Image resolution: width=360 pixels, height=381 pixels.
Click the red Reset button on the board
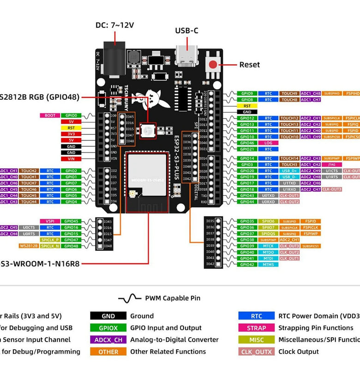coord(213,65)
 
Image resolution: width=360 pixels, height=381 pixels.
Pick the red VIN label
coord(71,159)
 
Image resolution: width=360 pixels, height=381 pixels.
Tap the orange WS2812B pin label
coord(29,246)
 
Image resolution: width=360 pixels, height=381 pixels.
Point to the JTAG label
coord(332,164)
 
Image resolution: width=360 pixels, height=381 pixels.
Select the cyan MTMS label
coord(268,265)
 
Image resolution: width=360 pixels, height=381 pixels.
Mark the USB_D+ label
coord(289,171)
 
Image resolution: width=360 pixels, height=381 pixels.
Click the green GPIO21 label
coord(247,149)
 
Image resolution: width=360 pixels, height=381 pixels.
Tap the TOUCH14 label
coord(289,158)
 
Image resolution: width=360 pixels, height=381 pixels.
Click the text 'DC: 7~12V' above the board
coord(114,25)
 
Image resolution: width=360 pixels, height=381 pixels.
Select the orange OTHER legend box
coord(108,352)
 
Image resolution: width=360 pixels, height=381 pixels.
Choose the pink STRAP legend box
coord(256,328)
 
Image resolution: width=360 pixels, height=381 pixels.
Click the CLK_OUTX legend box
coord(256,352)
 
